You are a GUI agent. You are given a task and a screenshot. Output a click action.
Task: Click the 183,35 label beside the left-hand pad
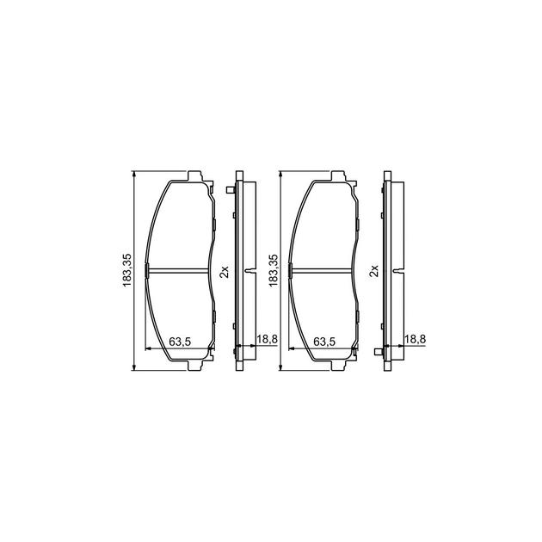pos(126,271)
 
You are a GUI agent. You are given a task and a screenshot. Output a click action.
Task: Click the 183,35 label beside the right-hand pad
pos(274,271)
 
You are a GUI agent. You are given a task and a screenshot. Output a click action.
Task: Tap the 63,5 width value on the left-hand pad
pos(180,342)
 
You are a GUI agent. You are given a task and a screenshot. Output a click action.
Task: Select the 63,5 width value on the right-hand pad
pos(324,342)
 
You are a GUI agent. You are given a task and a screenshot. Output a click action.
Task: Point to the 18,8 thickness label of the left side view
pos(268,339)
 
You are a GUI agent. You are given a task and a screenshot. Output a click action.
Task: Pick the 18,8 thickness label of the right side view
pos(416,339)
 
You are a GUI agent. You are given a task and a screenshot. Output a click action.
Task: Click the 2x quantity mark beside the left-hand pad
pos(225,271)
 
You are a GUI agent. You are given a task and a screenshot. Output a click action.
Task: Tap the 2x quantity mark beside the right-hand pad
pos(373,271)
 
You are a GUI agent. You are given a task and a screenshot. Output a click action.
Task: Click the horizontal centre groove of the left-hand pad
pos(179,271)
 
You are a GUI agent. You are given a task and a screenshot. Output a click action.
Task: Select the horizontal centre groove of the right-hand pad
pos(323,271)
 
